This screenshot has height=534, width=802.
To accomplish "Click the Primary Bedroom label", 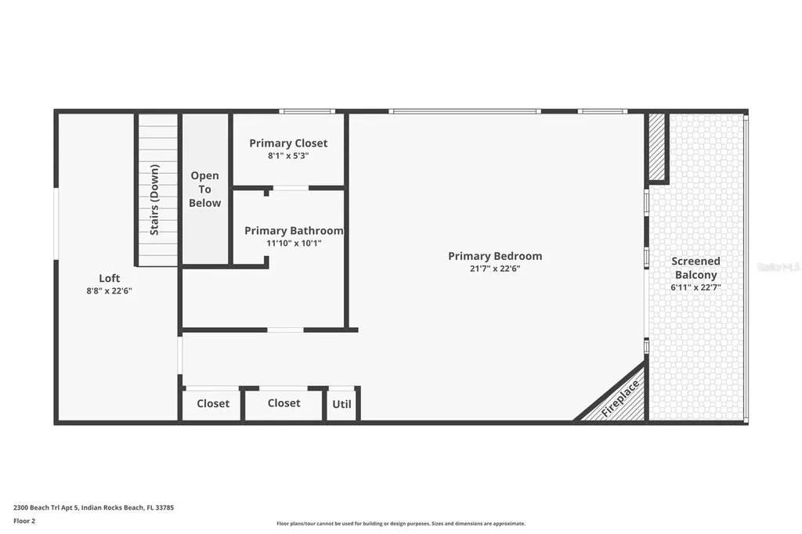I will (494, 256).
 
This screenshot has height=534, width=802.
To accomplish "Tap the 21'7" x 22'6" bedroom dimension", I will (494, 269).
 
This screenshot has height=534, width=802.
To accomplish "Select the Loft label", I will (109, 278).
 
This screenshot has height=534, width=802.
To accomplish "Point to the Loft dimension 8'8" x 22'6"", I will (109, 290).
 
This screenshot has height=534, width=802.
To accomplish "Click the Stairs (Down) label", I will (155, 200).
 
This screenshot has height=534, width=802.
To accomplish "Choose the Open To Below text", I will (205, 189).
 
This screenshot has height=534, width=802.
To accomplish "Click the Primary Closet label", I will (288, 143).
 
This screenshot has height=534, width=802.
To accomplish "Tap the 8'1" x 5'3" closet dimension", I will (288, 156).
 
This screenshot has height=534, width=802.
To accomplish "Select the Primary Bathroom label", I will (294, 231).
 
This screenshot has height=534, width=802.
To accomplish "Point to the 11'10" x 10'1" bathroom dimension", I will (294, 244).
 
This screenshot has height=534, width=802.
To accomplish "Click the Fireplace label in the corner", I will (621, 398).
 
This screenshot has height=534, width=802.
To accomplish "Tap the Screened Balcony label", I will (695, 268).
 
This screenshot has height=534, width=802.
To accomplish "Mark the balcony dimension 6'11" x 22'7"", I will (695, 287).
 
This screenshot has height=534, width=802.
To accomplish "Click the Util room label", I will (342, 404).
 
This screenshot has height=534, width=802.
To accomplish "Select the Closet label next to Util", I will (284, 403).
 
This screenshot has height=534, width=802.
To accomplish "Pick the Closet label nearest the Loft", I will (213, 404).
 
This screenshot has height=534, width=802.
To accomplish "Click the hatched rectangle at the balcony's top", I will (657, 146).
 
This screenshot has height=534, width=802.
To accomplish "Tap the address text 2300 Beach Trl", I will (93, 507).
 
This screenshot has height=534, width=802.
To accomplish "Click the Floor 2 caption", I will (26, 521).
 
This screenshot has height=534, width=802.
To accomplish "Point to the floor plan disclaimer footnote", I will (400, 524).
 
